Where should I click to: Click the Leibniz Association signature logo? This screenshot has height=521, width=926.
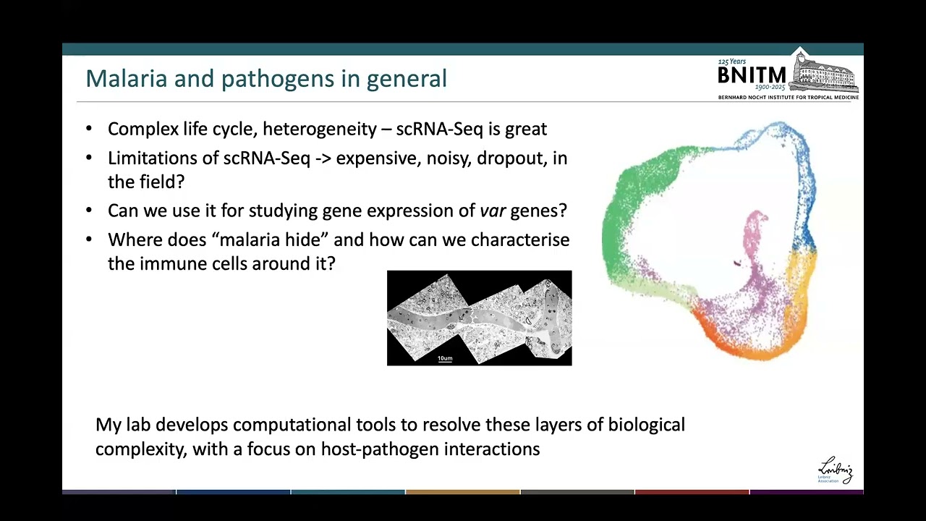click(x=836, y=470)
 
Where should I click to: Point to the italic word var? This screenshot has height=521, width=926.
click(x=493, y=211)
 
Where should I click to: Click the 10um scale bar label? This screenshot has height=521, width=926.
click(x=445, y=358)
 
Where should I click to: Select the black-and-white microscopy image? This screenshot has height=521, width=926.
click(x=479, y=318)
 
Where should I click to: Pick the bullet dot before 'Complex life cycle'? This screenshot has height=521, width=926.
click(x=89, y=129)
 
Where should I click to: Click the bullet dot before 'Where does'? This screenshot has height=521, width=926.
click(x=89, y=240)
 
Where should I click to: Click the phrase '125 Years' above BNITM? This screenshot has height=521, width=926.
click(x=732, y=62)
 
